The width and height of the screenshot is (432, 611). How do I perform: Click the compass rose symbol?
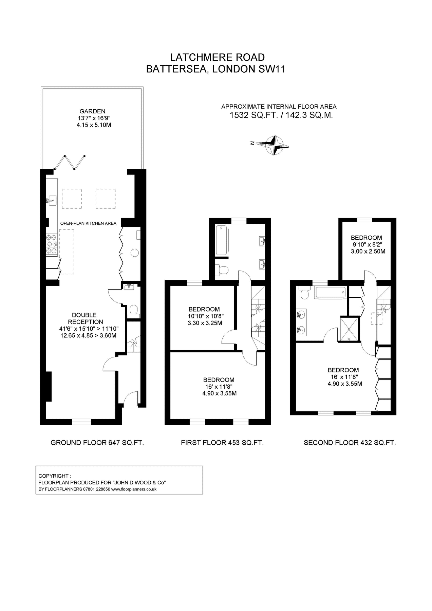pos(276,145)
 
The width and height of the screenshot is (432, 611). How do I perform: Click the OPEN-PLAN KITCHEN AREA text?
pos(88,223)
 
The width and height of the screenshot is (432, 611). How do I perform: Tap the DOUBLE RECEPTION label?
pos(84,318)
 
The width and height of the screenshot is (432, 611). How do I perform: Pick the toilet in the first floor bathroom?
pos(223,270)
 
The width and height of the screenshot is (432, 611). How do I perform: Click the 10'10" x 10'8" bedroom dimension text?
pos(206,316)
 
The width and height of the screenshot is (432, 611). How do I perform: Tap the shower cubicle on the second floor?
pos(349,329)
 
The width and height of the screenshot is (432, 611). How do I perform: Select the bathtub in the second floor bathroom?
pos(330,292)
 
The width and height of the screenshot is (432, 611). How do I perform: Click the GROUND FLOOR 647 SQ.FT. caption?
pos(97,443)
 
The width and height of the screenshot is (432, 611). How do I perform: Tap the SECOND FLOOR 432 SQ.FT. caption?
pos(350,443)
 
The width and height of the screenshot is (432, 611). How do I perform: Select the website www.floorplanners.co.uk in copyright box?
pos(134,489)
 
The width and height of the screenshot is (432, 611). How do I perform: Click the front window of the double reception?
pos(82,422)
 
